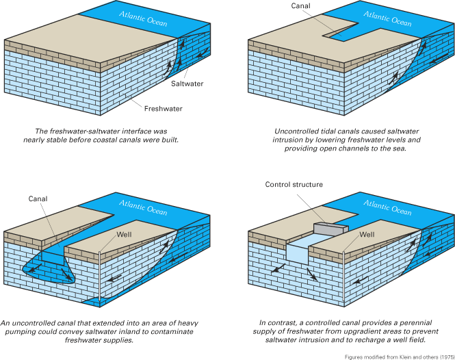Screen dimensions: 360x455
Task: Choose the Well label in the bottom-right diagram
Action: (x=367, y=235)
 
